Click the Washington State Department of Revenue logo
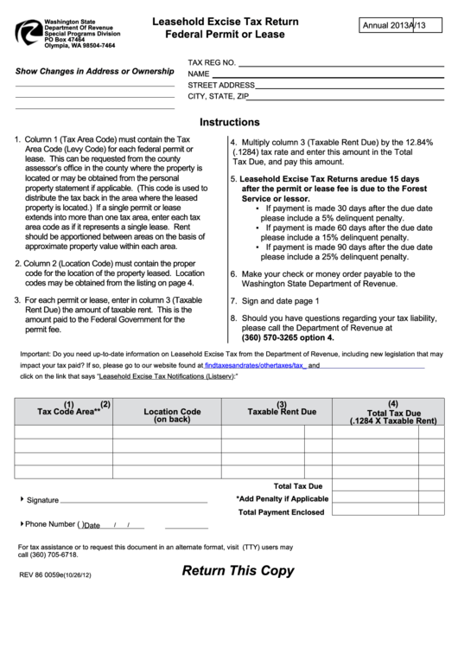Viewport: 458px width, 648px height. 28,32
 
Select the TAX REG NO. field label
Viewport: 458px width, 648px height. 212,63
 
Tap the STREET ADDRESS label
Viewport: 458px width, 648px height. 221,86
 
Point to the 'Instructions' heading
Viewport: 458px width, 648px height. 229,122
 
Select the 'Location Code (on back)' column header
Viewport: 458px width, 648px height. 172,415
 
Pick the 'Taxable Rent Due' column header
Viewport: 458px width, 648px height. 282,411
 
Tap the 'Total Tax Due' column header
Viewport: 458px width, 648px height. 393,414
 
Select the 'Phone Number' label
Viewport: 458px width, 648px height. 50,524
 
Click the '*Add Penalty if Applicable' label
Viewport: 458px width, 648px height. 282,499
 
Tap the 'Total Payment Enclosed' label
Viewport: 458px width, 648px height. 281,512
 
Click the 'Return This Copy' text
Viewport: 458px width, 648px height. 238,571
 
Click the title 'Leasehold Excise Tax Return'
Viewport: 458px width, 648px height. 228,20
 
